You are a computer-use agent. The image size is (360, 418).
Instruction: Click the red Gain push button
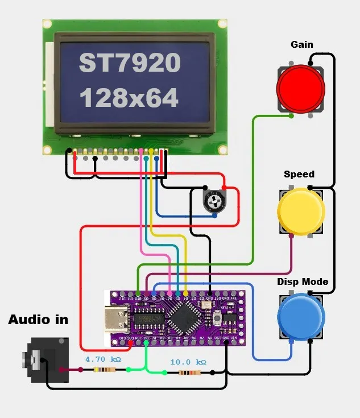(300, 89)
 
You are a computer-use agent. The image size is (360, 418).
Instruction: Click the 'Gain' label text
(301, 44)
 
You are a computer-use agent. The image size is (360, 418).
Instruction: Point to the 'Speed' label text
(299, 174)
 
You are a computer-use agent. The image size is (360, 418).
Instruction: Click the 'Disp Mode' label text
(303, 282)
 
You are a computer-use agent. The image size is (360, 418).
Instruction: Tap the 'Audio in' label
(38, 320)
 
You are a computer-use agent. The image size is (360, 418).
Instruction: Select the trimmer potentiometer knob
(214, 200)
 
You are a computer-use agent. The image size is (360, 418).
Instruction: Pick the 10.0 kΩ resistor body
(188, 373)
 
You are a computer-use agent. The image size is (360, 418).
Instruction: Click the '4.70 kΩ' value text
(103, 359)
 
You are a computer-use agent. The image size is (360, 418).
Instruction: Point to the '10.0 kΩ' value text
(188, 362)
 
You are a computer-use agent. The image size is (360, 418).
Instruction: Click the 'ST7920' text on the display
(130, 63)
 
